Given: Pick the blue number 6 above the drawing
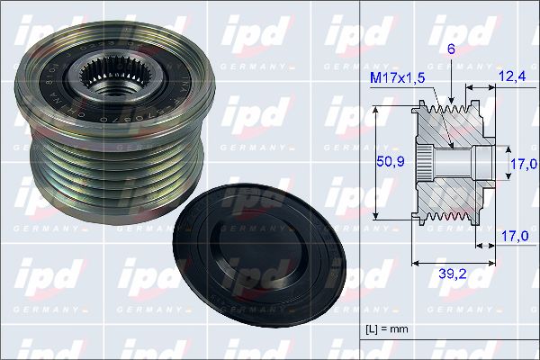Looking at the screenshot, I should (x=451, y=52).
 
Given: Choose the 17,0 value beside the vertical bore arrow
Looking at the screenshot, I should (x=523, y=163).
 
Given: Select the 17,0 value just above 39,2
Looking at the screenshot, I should (x=514, y=237).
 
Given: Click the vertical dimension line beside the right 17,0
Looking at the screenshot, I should (x=507, y=163).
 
